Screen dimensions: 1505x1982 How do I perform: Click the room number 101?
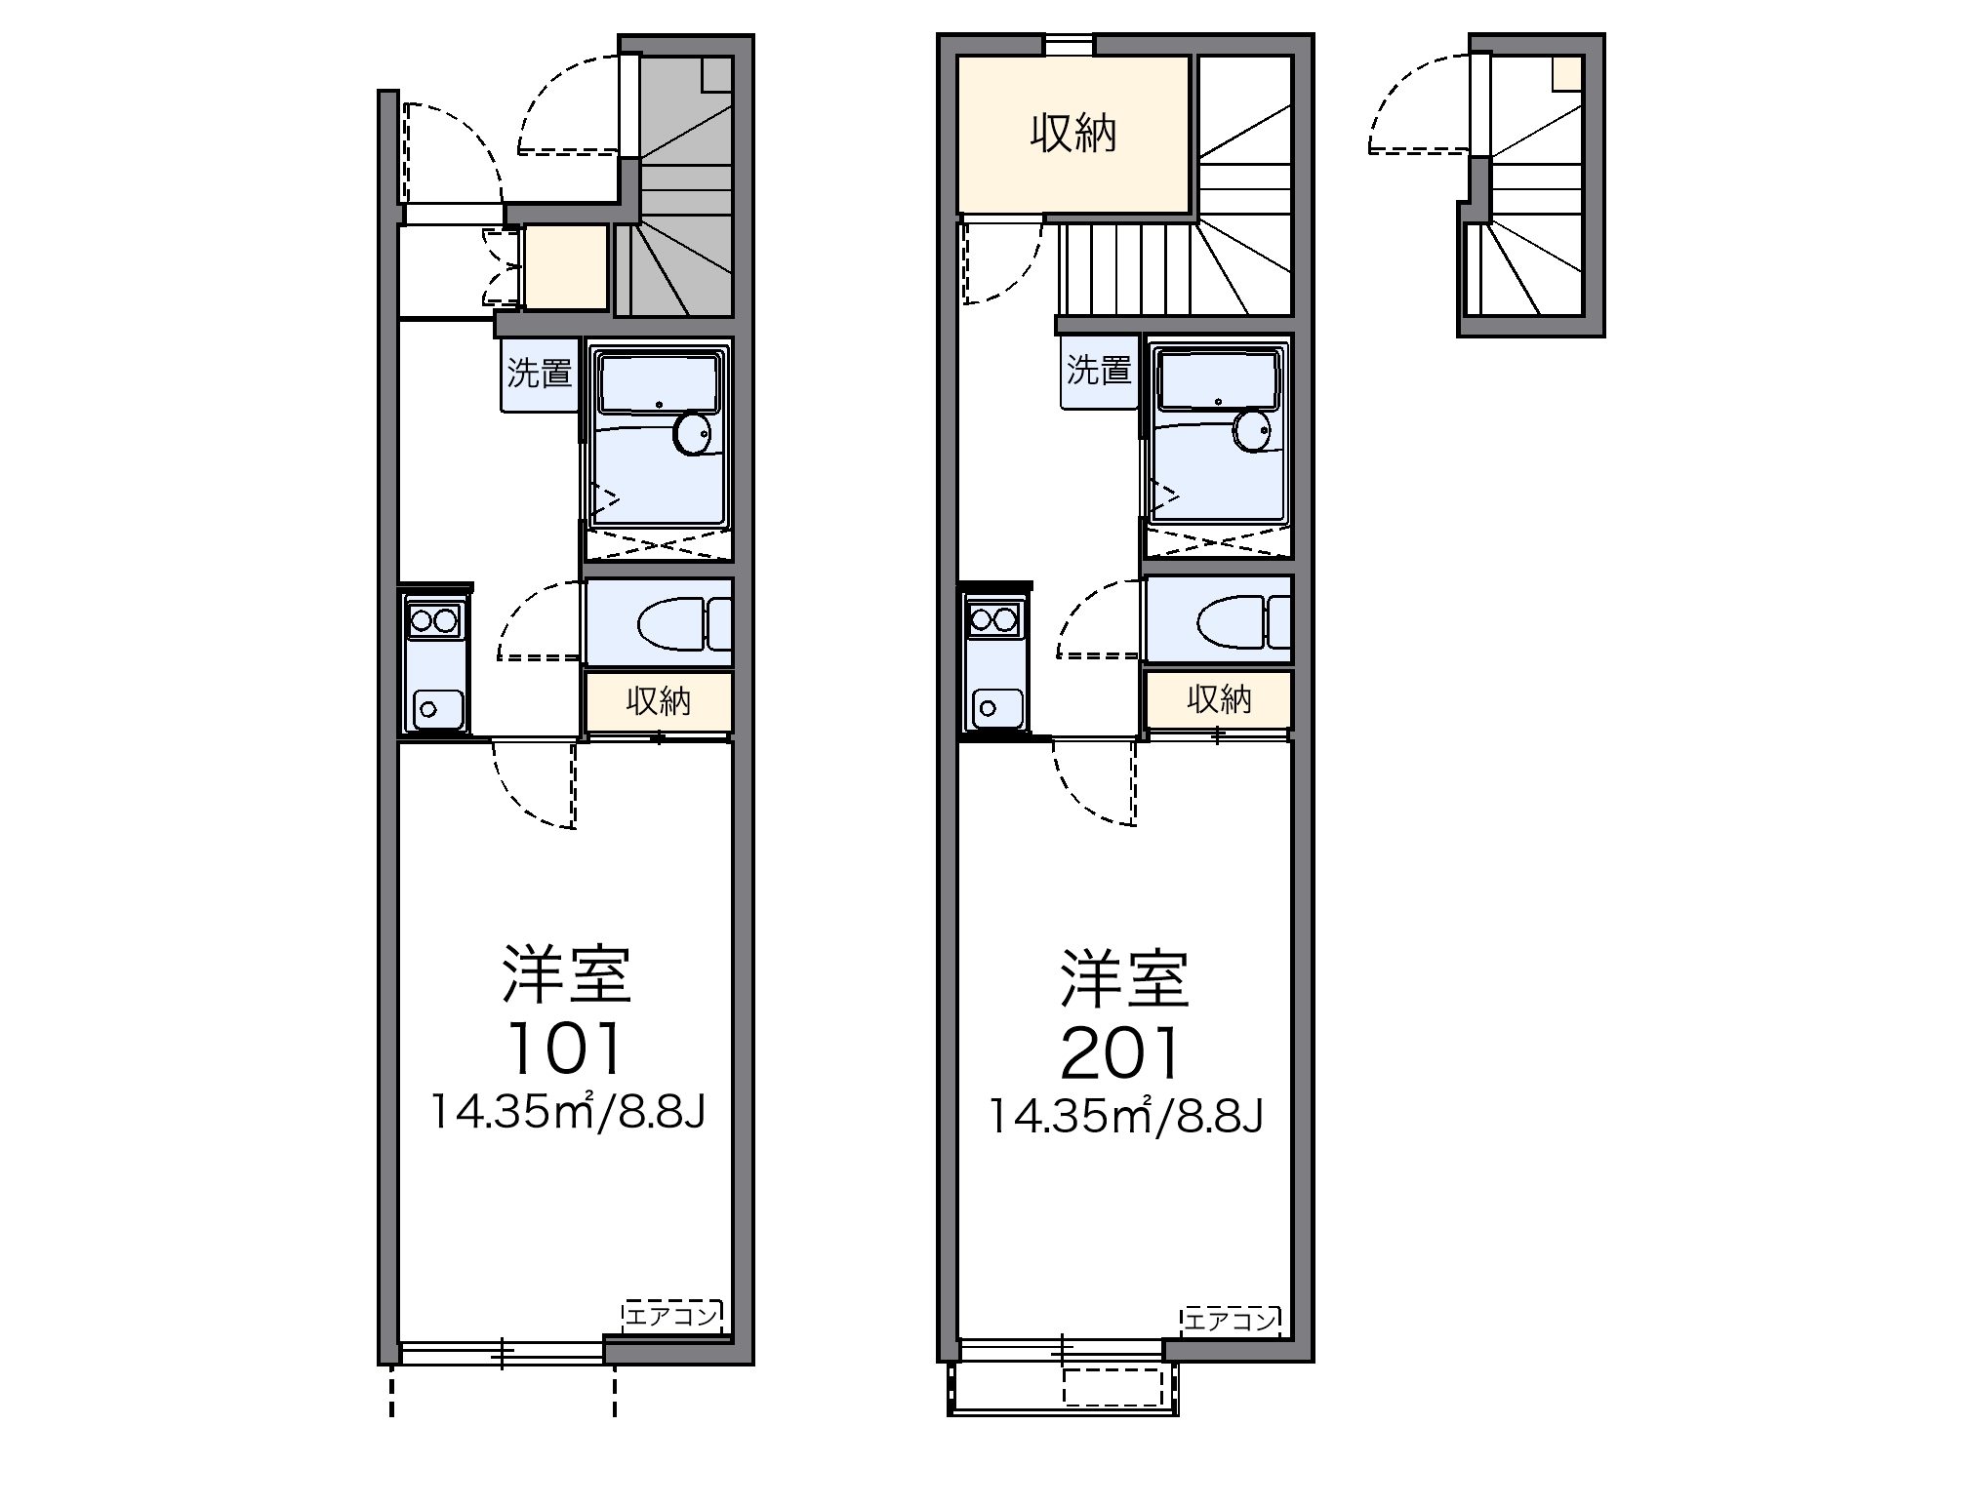[x=565, y=1049]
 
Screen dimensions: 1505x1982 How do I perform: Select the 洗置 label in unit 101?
[x=540, y=373]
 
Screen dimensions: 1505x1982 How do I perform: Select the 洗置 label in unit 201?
[x=1099, y=370]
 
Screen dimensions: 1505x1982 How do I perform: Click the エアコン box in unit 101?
[x=672, y=1317]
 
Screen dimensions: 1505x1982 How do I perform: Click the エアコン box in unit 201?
[x=1230, y=1321]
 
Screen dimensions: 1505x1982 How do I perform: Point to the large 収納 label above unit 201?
[x=1072, y=134]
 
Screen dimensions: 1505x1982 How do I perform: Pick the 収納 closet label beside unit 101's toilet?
[x=659, y=700]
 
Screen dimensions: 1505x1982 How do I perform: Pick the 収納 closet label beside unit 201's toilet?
[x=1219, y=698]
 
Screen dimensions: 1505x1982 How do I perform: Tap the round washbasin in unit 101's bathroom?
[x=694, y=433]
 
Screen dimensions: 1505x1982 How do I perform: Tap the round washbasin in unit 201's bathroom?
[x=1252, y=429]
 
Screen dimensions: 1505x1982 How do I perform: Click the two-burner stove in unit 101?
[x=434, y=619]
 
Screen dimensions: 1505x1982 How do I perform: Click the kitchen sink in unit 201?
[x=992, y=706]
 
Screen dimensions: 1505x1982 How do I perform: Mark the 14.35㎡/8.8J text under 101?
[x=567, y=1113]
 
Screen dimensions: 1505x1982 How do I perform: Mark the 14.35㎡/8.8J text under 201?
[x=1126, y=1117]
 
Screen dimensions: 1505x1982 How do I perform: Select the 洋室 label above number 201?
[x=1125, y=978]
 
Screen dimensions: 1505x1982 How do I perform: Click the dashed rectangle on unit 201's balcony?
[x=1112, y=1386]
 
